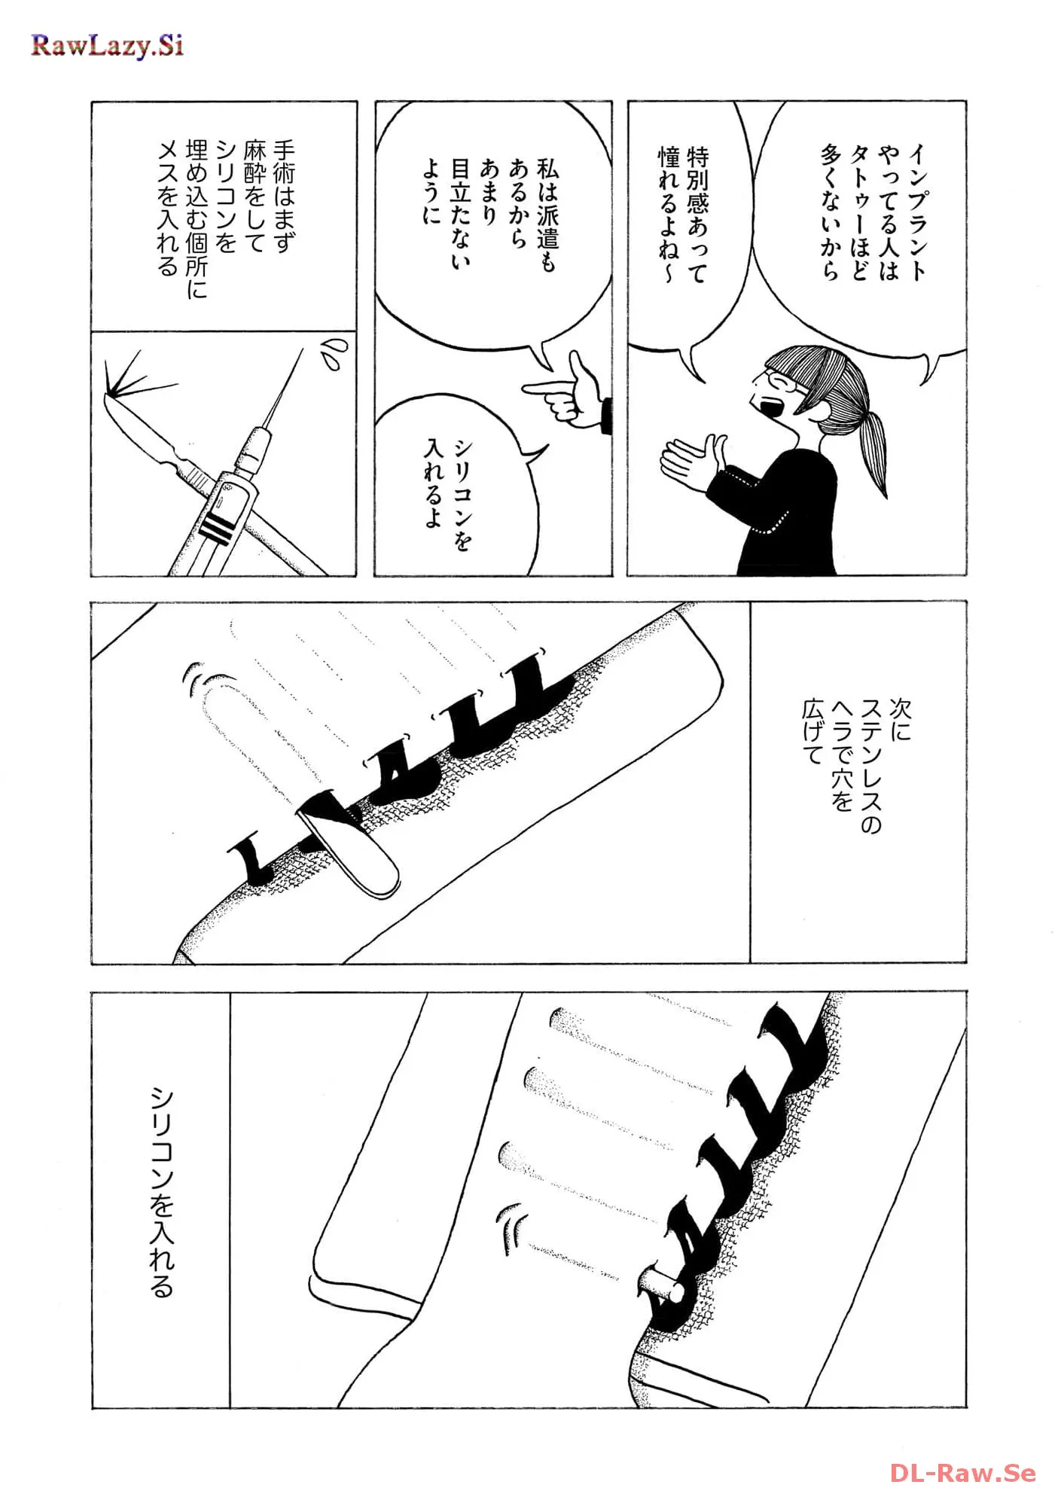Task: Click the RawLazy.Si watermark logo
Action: (x=107, y=47)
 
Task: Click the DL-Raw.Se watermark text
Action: (x=962, y=1473)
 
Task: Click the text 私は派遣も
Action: (x=548, y=215)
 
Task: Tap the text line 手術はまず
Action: (x=284, y=196)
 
